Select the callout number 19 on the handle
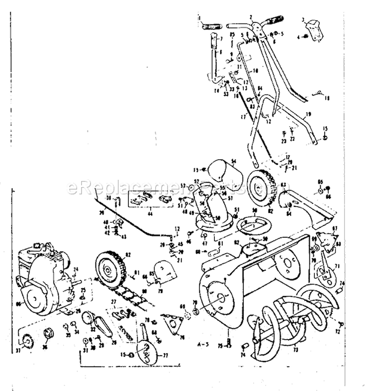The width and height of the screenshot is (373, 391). tap(308, 114)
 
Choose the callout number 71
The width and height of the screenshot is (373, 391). tap(337, 267)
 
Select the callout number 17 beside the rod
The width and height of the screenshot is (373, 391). tap(242, 117)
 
